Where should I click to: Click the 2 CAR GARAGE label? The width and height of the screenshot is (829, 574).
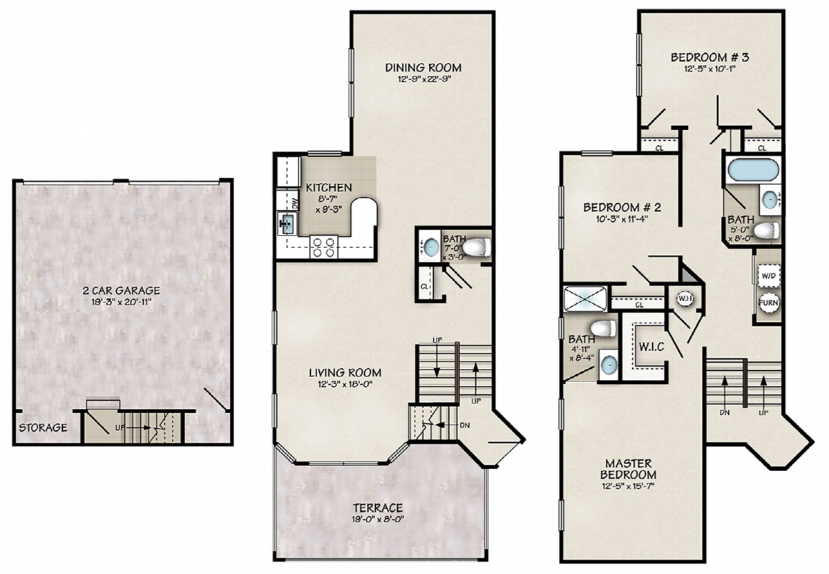tap(122, 290)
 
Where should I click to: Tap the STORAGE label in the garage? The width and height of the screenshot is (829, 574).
tap(43, 428)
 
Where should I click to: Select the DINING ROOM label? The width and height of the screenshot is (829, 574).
tap(423, 68)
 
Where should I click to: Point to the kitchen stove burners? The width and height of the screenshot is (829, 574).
tap(324, 247)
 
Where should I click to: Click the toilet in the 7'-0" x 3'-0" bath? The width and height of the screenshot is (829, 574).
tap(477, 247)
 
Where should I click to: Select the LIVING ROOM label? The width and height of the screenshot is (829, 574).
tap(345, 373)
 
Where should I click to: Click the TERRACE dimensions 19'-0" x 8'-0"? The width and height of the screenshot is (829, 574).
tap(378, 519)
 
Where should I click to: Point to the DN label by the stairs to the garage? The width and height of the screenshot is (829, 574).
tap(465, 425)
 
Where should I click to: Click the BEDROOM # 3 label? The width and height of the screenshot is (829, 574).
tap(710, 57)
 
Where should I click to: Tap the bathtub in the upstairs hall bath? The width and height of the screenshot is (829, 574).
tap(754, 170)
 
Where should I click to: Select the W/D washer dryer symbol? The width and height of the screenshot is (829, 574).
tap(768, 276)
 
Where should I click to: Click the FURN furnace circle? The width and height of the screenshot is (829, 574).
tap(768, 303)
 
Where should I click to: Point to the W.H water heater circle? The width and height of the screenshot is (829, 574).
tap(684, 298)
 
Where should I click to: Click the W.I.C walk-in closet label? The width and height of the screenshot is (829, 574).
tap(651, 347)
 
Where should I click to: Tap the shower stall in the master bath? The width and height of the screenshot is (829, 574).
tap(584, 298)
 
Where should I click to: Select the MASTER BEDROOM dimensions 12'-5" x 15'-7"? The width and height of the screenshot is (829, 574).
tap(628, 486)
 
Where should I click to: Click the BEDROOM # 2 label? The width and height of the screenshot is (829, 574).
tap(622, 207)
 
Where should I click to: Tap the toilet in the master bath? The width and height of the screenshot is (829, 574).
tap(603, 328)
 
